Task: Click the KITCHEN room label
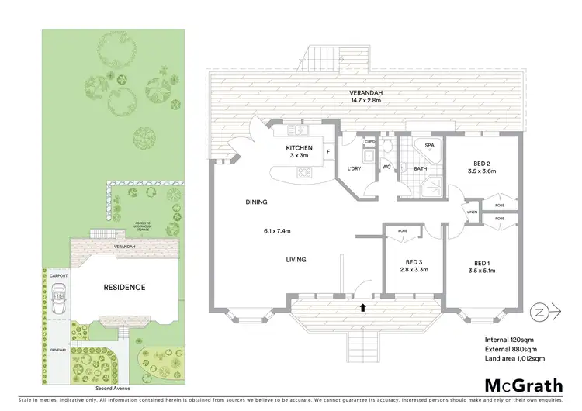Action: click(x=300, y=147)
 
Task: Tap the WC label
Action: click(x=386, y=167)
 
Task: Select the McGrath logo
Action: click(x=525, y=385)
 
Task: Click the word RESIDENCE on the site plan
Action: click(x=124, y=287)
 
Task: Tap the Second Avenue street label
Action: click(x=113, y=388)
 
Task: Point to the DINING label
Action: click(x=257, y=202)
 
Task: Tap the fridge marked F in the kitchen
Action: click(x=328, y=151)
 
